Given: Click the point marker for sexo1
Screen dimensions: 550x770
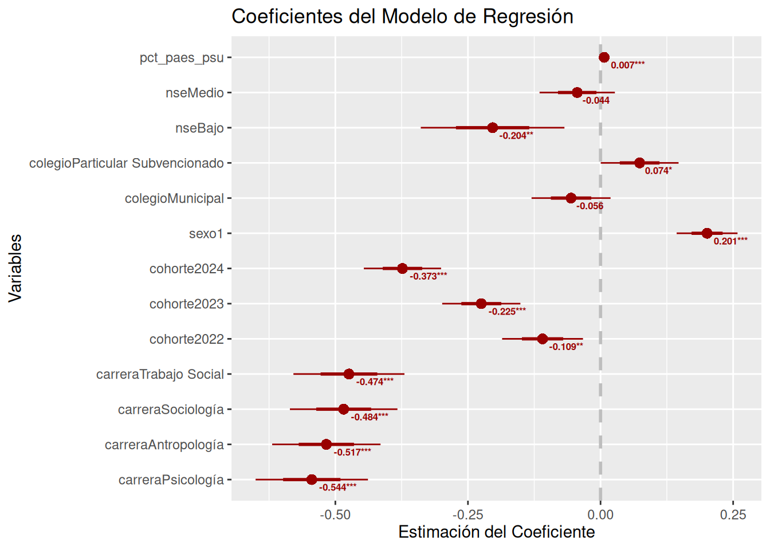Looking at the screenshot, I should coord(706,233).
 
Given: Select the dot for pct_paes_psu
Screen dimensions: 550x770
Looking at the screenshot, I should coord(604,57).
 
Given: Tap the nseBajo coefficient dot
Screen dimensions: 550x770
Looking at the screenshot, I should coord(493,128).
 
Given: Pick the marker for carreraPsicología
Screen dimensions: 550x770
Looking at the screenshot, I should coord(312,480).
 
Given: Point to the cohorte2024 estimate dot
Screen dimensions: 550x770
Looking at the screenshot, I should coord(402,269).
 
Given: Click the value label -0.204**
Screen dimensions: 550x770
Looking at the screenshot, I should coord(516,136).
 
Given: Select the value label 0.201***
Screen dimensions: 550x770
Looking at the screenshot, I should coord(730,241).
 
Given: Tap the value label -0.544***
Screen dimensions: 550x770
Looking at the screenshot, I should coord(337,488).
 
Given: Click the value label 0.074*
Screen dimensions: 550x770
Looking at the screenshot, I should coord(658,171).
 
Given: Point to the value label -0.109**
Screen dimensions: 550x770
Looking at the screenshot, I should coord(566,347).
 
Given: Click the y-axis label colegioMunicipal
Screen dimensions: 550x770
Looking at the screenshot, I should coord(174,198).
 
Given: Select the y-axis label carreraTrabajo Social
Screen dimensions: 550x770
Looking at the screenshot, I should coord(160,374).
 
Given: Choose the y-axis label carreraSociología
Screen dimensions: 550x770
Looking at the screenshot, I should coord(171,410).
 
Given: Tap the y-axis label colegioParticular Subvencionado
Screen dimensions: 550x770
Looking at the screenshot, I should coord(127,163).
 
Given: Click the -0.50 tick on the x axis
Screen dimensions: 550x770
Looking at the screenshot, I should coord(335,514).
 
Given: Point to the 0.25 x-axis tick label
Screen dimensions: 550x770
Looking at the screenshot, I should coord(733,514).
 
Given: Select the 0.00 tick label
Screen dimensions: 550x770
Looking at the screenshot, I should coord(600,514).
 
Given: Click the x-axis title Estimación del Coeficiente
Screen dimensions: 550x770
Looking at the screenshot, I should coord(496,532).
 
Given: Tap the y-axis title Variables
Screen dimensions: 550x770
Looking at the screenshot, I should coord(15,268).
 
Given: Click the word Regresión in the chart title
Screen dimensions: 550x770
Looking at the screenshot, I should coord(528,16).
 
